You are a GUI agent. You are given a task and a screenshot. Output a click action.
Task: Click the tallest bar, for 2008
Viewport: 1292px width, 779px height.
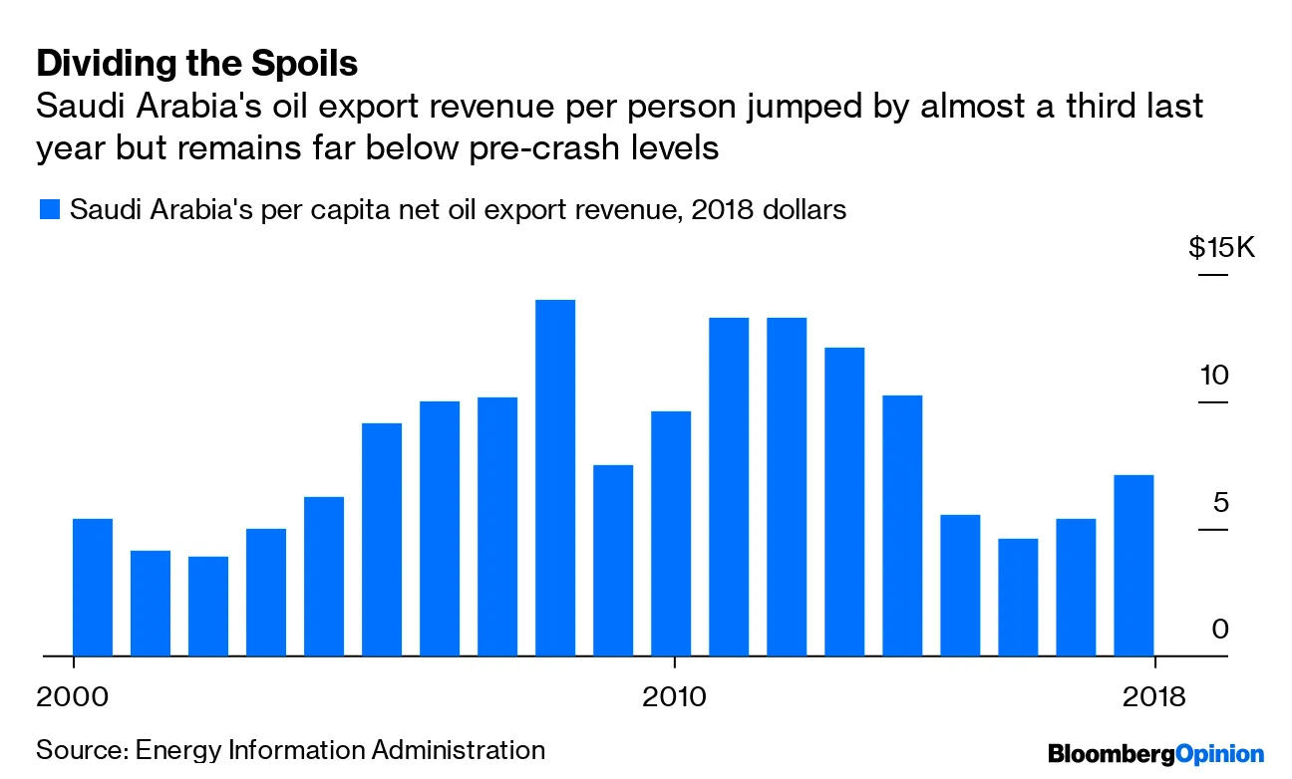pyautogui.click(x=555, y=478)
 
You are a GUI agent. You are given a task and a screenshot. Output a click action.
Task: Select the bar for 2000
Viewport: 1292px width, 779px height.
pyautogui.click(x=93, y=588)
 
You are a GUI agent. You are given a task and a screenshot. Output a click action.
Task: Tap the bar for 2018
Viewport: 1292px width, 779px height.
pyautogui.click(x=1133, y=566)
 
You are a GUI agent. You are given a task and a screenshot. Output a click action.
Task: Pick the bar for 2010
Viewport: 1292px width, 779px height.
pyautogui.click(x=671, y=534)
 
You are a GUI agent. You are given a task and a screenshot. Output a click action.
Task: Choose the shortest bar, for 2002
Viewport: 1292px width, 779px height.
pyautogui.click(x=208, y=607)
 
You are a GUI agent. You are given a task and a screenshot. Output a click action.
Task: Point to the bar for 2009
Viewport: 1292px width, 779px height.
pyautogui.click(x=613, y=561)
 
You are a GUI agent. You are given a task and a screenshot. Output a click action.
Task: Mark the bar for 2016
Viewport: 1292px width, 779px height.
pyautogui.click(x=1018, y=598)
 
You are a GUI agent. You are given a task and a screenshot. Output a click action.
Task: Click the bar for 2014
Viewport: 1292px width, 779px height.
pyautogui.click(x=902, y=526)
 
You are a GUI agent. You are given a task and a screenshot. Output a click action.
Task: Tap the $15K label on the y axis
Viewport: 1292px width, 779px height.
pyautogui.click(x=1223, y=248)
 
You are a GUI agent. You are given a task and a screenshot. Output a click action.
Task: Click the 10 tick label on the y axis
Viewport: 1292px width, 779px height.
pyautogui.click(x=1214, y=377)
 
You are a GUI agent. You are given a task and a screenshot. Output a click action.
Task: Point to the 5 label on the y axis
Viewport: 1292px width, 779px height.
pyautogui.click(x=1221, y=503)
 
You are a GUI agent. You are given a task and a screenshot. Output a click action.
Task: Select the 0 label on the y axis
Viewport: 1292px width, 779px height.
pyautogui.click(x=1221, y=630)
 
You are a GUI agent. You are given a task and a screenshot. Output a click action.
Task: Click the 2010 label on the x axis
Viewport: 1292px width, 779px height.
pyautogui.click(x=675, y=694)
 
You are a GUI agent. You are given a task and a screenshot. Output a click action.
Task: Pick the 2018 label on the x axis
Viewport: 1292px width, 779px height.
pyautogui.click(x=1153, y=694)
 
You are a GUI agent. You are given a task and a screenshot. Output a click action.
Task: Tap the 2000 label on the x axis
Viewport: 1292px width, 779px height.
pyautogui.click(x=73, y=694)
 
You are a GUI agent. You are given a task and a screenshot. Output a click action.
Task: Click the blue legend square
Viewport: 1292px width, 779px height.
pyautogui.click(x=48, y=210)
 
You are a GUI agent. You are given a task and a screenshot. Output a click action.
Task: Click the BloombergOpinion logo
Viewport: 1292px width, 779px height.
pyautogui.click(x=1155, y=753)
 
